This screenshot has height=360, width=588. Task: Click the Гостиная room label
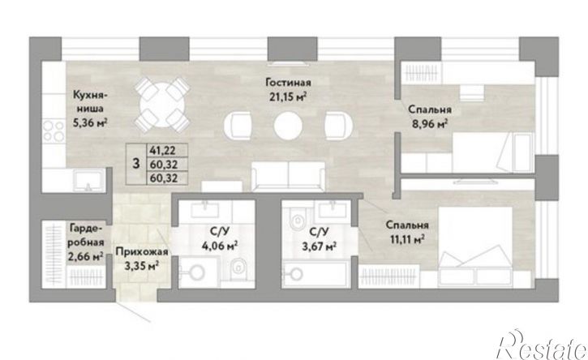click(288, 82)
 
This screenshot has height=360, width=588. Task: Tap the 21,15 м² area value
click(288, 97)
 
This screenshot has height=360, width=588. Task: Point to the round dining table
click(162, 105)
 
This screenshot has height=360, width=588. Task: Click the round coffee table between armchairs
click(288, 126)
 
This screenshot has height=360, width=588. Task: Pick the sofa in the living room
click(288, 177)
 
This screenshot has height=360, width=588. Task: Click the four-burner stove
click(54, 131)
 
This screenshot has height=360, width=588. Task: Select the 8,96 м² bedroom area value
click(430, 124)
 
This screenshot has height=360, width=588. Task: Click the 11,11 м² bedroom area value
click(407, 239)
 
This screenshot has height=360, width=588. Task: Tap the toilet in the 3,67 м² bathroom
click(299, 221)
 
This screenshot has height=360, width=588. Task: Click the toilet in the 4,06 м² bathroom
click(236, 267)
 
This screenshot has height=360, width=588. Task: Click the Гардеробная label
click(86, 235)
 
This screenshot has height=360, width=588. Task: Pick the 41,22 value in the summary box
click(164, 150)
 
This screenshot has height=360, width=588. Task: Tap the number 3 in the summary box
click(136, 164)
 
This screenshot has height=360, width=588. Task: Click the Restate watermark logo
click(543, 345)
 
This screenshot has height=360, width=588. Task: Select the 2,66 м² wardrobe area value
click(86, 258)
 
